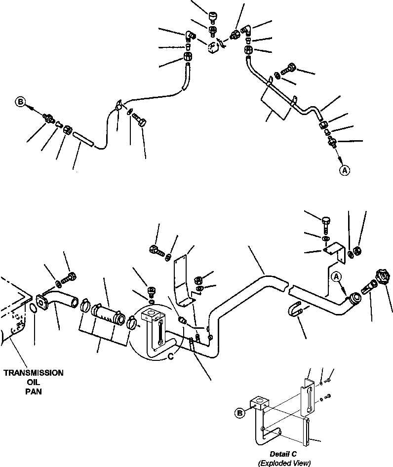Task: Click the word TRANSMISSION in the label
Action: click(x=34, y=373)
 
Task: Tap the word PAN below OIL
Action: click(x=34, y=391)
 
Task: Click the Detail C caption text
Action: click(x=283, y=454)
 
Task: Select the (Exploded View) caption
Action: click(x=284, y=463)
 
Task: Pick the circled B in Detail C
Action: click(x=239, y=413)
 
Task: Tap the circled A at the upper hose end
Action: click(x=345, y=170)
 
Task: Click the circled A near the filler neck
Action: click(x=336, y=276)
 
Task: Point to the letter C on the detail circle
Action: click(x=171, y=356)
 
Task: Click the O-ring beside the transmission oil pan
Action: click(x=34, y=308)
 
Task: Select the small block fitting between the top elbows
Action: click(x=213, y=47)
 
